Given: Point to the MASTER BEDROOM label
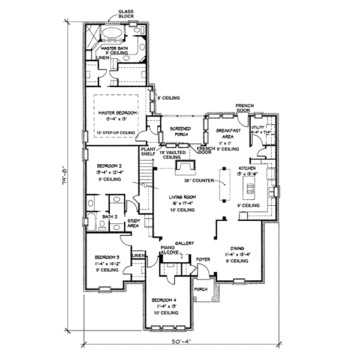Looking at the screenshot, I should click(118, 113).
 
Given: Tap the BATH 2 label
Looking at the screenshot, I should click(109, 217).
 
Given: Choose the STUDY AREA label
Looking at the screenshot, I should click(134, 223).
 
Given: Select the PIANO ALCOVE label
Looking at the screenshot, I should click(170, 250).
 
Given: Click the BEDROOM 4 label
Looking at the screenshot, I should click(164, 299).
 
